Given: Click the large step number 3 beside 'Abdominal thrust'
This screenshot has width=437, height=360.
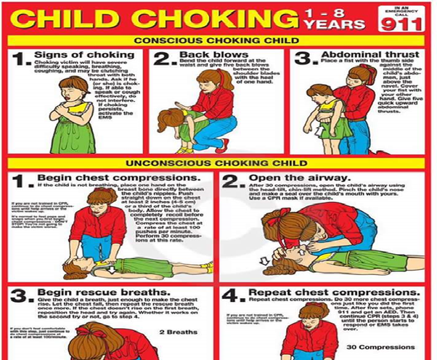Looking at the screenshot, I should pos(303,59).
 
